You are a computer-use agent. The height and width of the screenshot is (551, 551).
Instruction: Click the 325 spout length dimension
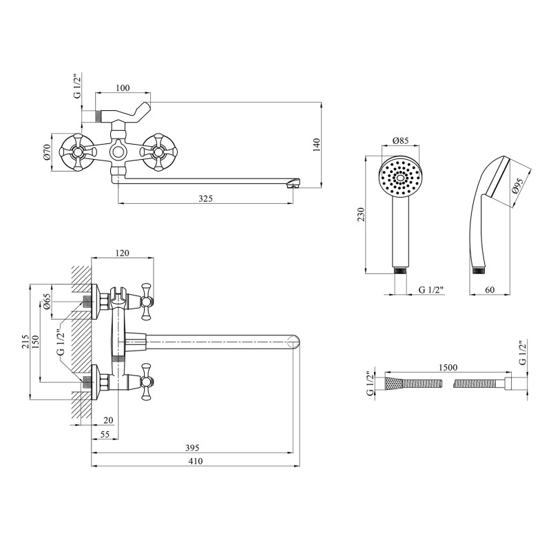(x=205, y=198)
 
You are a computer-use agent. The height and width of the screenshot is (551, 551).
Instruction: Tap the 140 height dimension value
(x=317, y=145)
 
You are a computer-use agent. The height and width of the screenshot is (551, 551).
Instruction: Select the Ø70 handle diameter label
(x=48, y=151)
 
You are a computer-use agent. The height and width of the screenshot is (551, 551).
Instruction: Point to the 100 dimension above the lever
(x=123, y=87)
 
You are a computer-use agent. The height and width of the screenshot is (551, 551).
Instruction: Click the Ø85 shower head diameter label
(x=400, y=141)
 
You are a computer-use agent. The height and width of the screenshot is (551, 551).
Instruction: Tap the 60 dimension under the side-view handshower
(x=490, y=290)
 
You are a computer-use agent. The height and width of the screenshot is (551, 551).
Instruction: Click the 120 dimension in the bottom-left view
(x=122, y=253)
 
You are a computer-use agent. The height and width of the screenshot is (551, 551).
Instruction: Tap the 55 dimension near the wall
(x=105, y=435)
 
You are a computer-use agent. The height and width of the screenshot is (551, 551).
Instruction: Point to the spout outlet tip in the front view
(x=294, y=183)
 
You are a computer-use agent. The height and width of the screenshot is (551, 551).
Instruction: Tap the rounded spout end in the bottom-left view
(x=295, y=340)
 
